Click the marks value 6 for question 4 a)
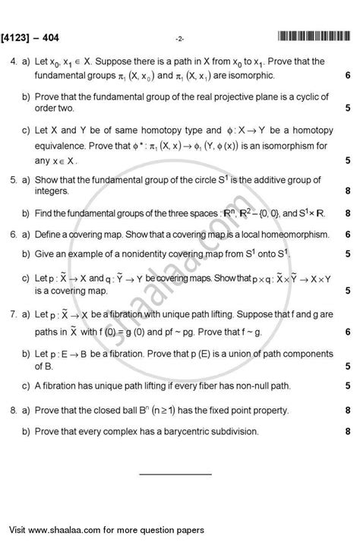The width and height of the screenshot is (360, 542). click(x=347, y=76)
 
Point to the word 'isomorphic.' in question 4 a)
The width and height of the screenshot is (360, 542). click(x=248, y=76)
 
